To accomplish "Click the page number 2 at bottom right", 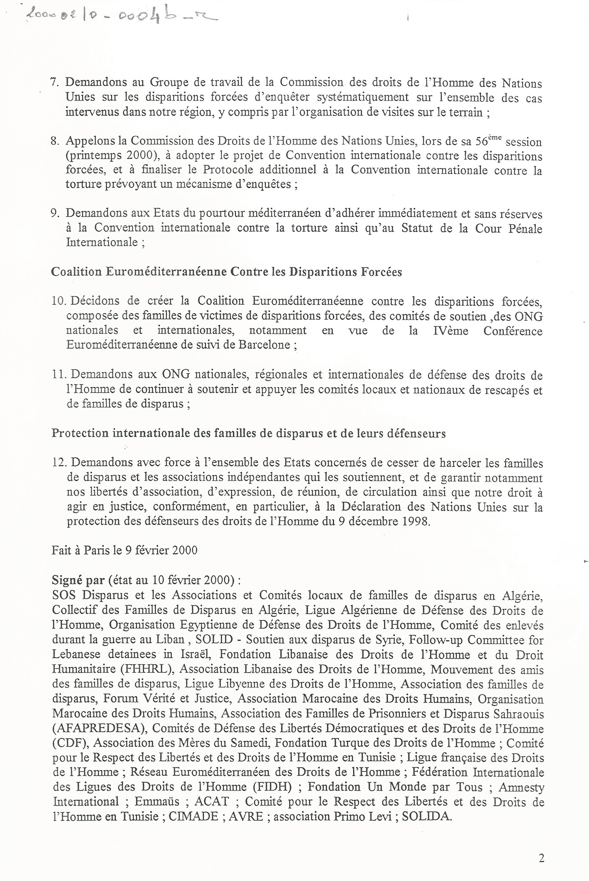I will tap(541, 858).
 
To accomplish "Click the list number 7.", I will tap(56, 83).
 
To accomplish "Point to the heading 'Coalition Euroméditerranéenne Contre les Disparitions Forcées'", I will tap(227, 272).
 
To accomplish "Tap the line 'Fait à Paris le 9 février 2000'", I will tap(124, 551).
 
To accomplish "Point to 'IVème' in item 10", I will tap(449, 331).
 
